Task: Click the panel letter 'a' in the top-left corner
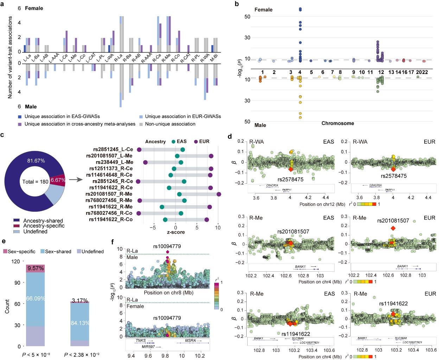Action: [3, 3]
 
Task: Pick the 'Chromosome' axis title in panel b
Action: [338, 123]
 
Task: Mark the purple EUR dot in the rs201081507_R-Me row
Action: [219, 194]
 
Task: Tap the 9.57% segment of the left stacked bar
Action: [35, 268]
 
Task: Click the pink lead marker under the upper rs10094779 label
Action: [167, 252]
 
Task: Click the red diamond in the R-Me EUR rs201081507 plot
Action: [393, 228]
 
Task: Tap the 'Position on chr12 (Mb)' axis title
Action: [319, 204]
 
